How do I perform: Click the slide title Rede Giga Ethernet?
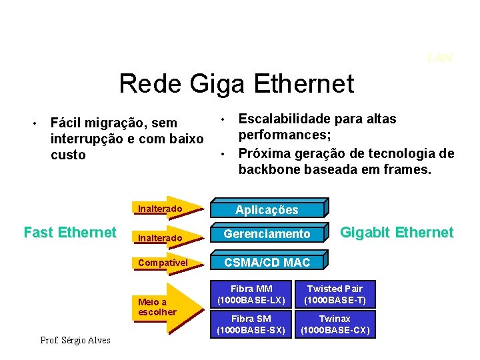[x=237, y=84]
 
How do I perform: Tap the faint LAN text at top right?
[x=439, y=58]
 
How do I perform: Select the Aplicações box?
[x=268, y=209]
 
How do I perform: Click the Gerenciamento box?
[x=268, y=234]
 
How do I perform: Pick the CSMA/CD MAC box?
[x=268, y=262]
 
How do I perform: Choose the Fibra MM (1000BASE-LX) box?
[x=251, y=294]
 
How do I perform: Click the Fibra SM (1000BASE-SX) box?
[x=251, y=324]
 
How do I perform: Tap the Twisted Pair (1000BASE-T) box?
[x=335, y=294]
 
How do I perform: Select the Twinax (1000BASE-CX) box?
[x=335, y=324]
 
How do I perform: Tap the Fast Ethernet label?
[x=69, y=233]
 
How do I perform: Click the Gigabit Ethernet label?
[x=397, y=233]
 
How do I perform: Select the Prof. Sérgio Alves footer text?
[x=75, y=341]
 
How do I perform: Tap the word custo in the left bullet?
[x=68, y=155]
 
